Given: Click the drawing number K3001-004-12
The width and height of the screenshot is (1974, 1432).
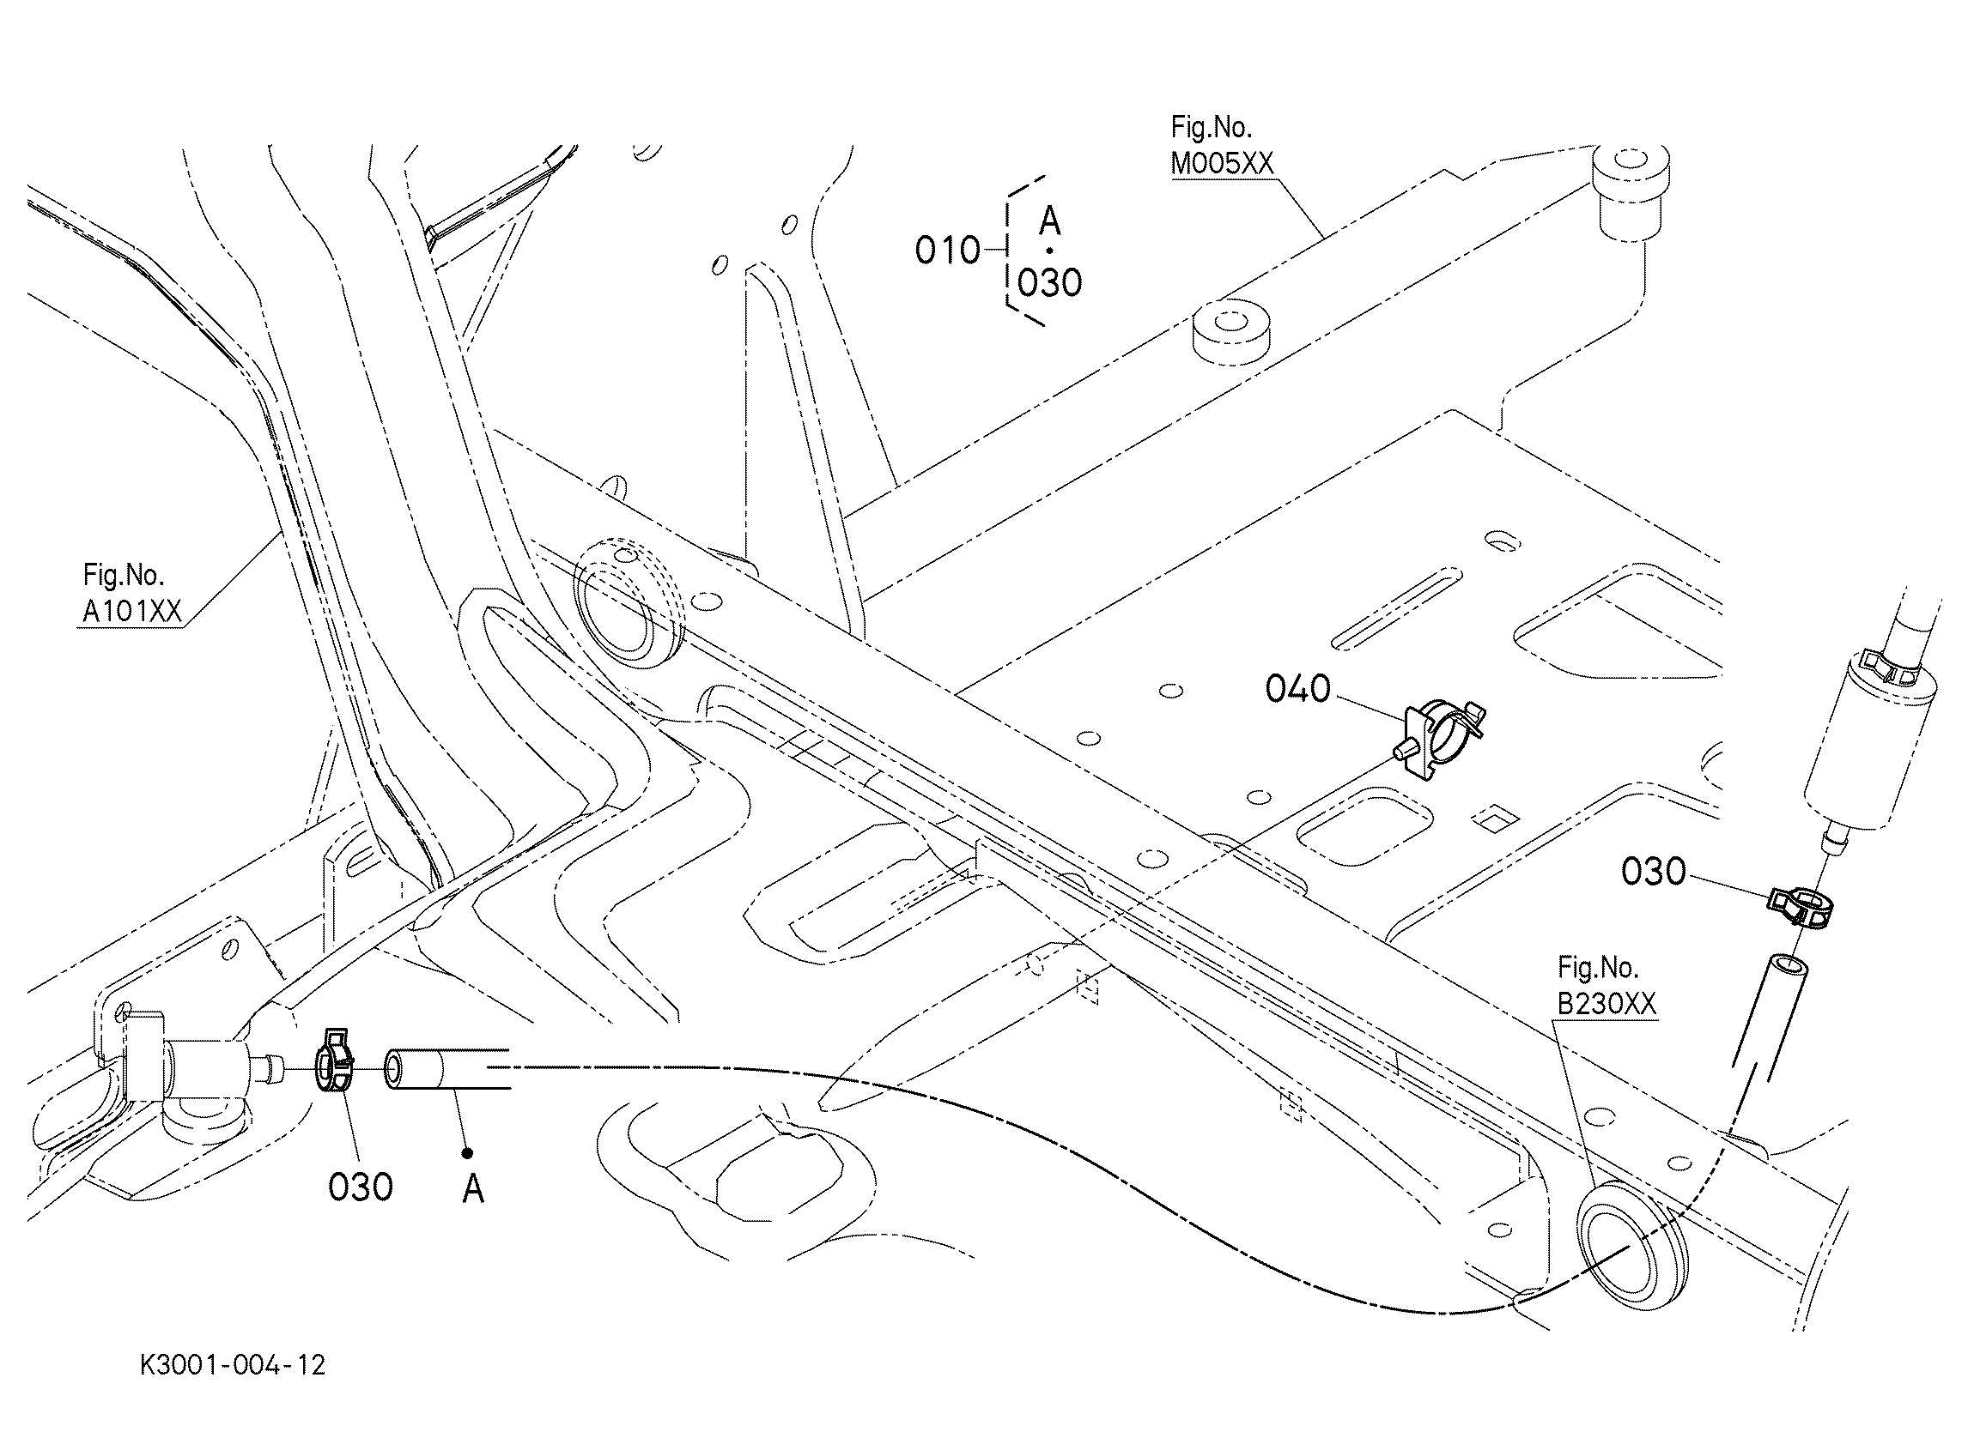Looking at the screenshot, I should (233, 1365).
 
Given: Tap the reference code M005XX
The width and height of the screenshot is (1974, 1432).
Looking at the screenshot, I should (1221, 163).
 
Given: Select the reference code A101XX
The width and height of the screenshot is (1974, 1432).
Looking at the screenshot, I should (132, 612).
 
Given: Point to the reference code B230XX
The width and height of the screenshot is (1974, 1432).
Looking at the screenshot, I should (1606, 1004).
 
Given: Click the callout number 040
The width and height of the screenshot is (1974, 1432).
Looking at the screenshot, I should (1297, 688).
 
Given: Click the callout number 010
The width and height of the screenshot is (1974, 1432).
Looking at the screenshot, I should (947, 251).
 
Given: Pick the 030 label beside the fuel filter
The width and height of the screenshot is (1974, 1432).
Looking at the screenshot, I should (1653, 871).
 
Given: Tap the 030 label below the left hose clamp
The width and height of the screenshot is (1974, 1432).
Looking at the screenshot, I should (361, 1187).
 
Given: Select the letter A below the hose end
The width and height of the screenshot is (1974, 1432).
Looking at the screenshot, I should (472, 1188).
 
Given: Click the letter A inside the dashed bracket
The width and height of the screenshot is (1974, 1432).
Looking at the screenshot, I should (1049, 222).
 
